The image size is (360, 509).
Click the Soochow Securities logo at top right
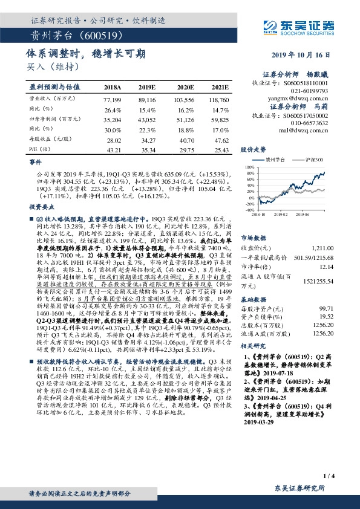[x=308, y=26]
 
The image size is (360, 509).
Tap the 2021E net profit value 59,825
[x=219, y=120]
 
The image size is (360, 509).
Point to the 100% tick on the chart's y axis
[x=249, y=166]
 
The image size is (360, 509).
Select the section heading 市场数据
[x=254, y=237]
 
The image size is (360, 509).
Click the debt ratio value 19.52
[x=326, y=315]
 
